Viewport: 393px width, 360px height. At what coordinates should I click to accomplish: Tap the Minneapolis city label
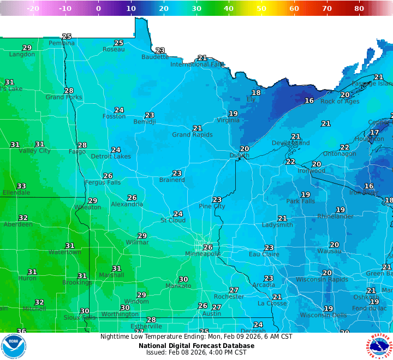(x=203, y=254)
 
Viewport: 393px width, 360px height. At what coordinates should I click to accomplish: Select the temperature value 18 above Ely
(x=256, y=93)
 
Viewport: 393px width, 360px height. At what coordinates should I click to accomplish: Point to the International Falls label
(x=197, y=64)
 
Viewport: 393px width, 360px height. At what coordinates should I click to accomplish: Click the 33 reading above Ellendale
(x=21, y=186)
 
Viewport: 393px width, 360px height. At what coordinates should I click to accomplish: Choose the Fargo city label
(x=77, y=152)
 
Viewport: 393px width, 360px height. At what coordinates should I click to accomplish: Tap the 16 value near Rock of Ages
(x=309, y=101)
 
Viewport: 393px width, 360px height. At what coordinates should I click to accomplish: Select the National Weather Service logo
(x=379, y=346)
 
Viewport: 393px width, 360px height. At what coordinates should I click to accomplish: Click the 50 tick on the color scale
(x=261, y=8)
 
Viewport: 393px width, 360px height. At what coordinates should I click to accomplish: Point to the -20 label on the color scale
(x=33, y=8)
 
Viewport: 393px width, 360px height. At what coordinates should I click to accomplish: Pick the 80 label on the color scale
(x=359, y=8)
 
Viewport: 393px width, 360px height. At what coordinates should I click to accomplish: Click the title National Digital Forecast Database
(x=196, y=345)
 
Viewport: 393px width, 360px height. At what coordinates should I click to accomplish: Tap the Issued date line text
(x=196, y=353)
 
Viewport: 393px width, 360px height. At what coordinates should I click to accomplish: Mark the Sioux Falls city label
(x=80, y=317)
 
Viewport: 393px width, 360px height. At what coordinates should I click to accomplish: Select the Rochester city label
(x=229, y=297)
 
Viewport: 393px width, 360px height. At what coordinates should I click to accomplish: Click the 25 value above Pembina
(x=67, y=37)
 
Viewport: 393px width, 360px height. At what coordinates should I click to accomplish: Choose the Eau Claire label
(x=264, y=255)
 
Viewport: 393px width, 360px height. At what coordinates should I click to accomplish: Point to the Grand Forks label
(x=64, y=97)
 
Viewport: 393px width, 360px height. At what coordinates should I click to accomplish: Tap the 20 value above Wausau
(x=334, y=245)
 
